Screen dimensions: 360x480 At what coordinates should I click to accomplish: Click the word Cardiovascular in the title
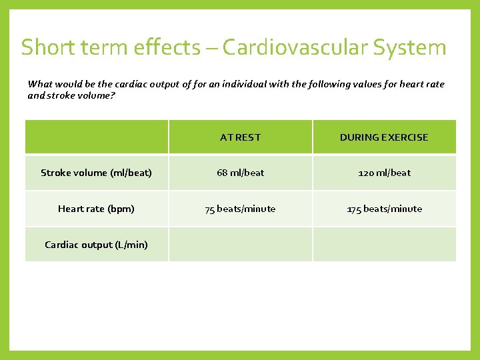pyautogui.click(x=295, y=48)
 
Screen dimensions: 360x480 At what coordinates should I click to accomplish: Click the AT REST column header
pyautogui.click(x=240, y=137)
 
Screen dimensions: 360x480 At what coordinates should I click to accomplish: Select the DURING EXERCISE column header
pyautogui.click(x=384, y=137)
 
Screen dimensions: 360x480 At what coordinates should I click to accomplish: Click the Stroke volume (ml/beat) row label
pyautogui.click(x=96, y=173)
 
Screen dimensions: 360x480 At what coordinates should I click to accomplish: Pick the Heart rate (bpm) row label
pyautogui.click(x=96, y=209)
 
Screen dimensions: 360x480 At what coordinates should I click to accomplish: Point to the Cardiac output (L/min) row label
pyautogui.click(x=96, y=245)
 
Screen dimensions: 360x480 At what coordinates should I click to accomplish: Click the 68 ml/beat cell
pyautogui.click(x=240, y=173)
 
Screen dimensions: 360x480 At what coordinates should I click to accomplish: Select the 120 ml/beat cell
pyautogui.click(x=384, y=173)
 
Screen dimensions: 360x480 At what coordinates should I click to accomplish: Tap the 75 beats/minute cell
pyautogui.click(x=240, y=209)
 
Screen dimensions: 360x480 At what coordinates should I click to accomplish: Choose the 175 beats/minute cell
pyautogui.click(x=384, y=209)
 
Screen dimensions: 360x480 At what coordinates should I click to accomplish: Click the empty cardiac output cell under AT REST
pyautogui.click(x=240, y=245)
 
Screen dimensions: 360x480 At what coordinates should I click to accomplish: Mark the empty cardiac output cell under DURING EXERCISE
pyautogui.click(x=384, y=245)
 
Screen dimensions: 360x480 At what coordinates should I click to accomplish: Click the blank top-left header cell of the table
pyautogui.click(x=96, y=137)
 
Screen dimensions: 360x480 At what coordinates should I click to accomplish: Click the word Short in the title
pyautogui.click(x=45, y=48)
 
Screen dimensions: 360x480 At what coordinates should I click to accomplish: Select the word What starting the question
pyautogui.click(x=39, y=84)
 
